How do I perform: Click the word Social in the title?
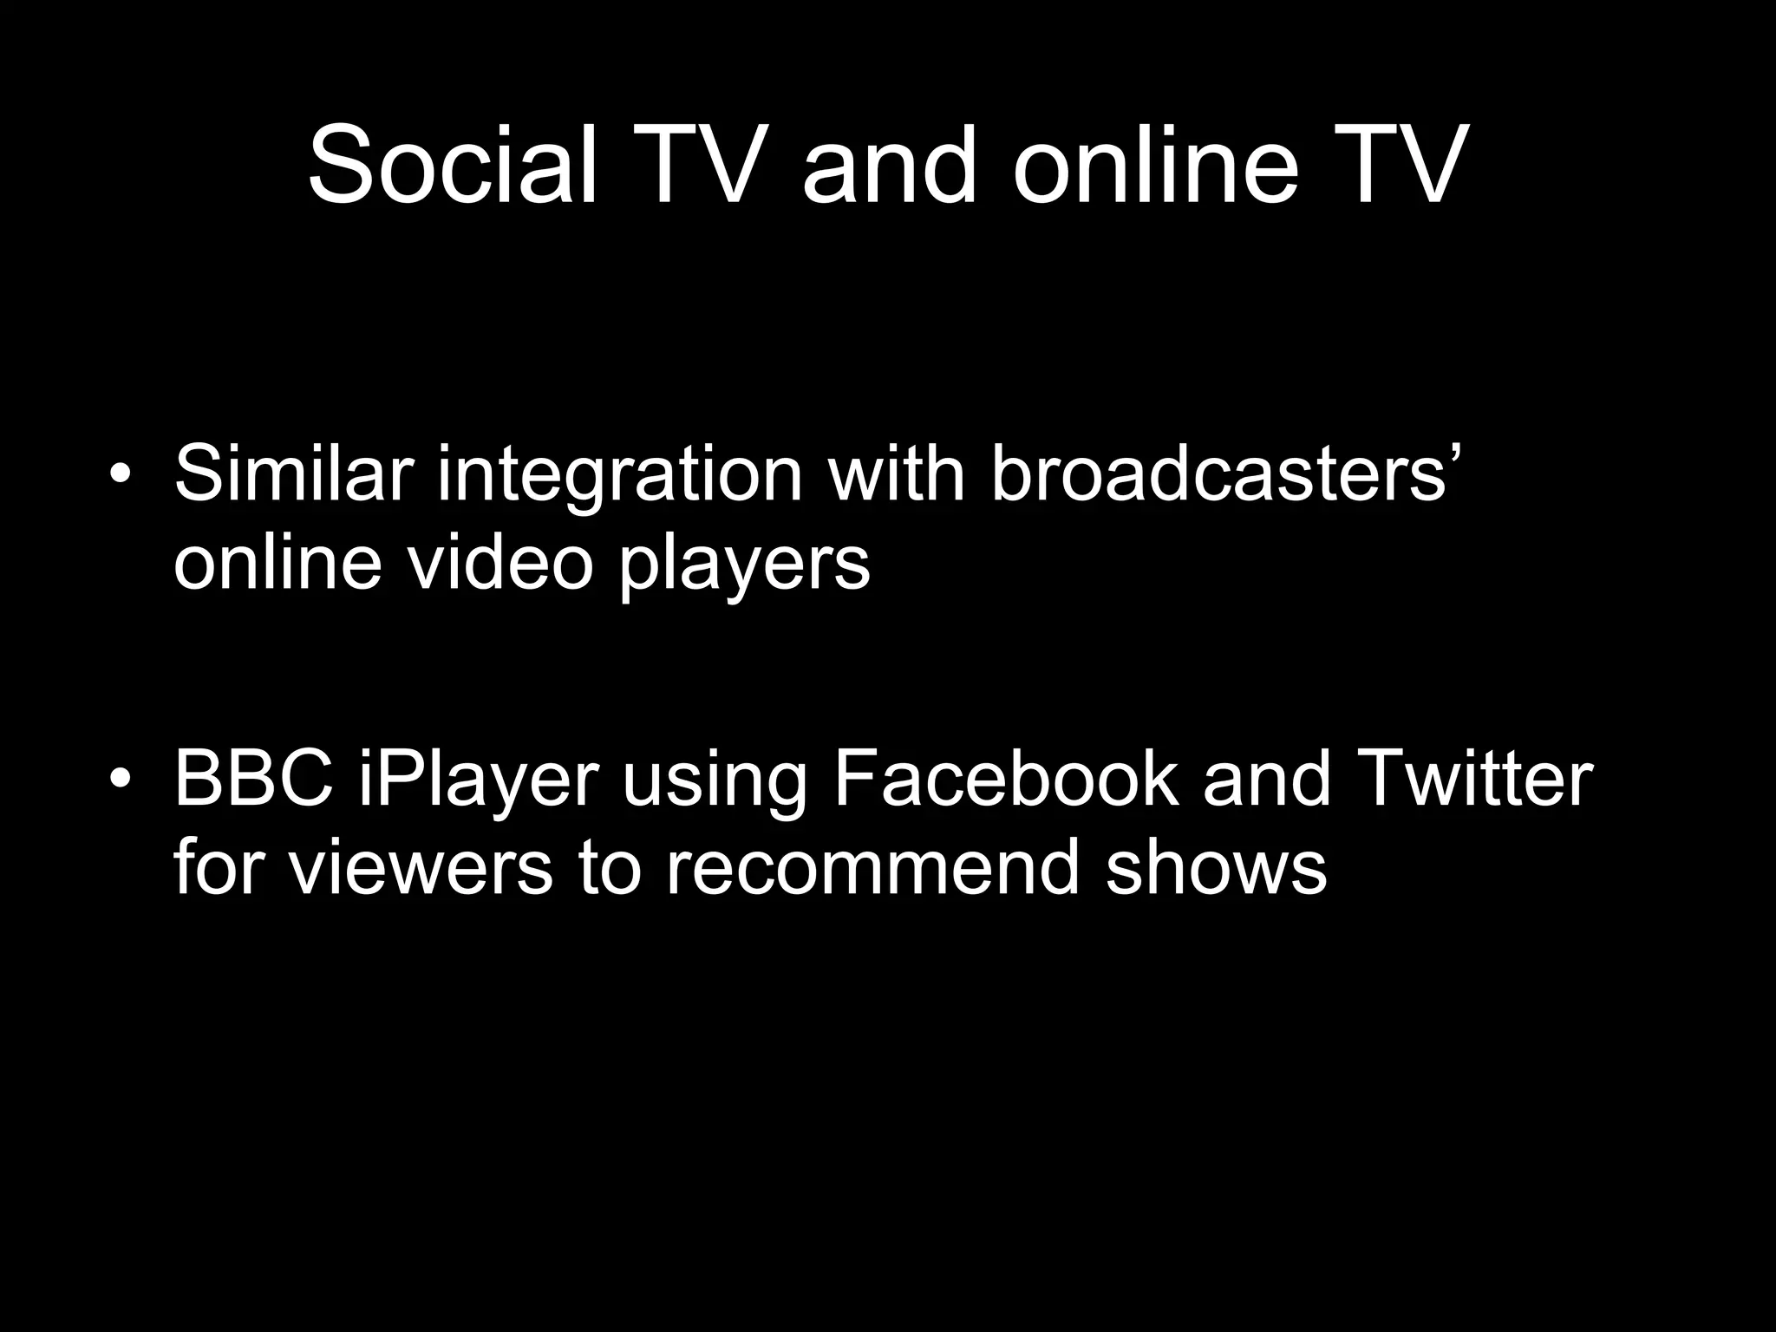point(452,165)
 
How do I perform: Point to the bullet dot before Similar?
point(121,474)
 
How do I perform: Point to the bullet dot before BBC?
point(121,778)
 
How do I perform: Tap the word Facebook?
point(1006,778)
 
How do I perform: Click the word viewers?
point(421,867)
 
